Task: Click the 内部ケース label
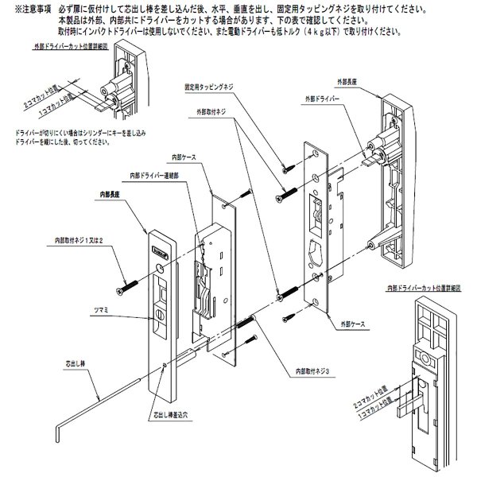pyautogui.click(x=181, y=158)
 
